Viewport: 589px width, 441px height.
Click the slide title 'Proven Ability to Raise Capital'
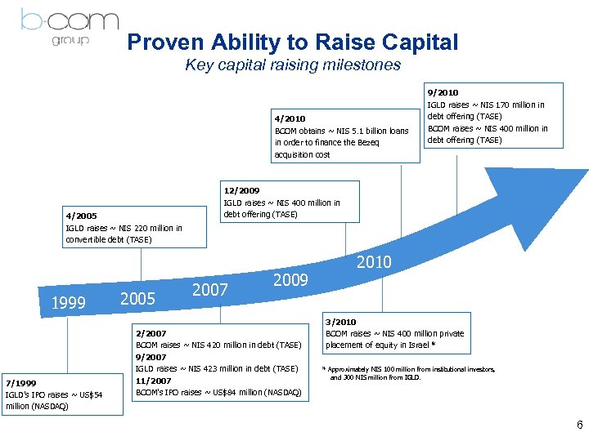point(293,42)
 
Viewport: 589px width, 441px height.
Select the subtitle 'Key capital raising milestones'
point(293,65)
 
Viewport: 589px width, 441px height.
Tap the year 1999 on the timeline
point(69,304)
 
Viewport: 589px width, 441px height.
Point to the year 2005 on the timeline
point(137,299)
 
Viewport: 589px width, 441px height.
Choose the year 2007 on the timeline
point(210,290)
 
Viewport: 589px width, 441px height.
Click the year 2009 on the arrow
point(290,280)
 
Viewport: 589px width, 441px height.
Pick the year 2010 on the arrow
point(375,262)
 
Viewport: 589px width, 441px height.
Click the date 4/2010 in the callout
point(289,118)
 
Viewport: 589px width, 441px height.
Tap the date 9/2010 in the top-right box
point(443,93)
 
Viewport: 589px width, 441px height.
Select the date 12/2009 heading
point(242,191)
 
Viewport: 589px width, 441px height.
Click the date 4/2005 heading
point(81,216)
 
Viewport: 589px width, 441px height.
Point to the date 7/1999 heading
point(21,382)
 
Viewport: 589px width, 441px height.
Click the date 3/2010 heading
point(340,322)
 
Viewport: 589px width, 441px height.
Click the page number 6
point(579,425)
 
